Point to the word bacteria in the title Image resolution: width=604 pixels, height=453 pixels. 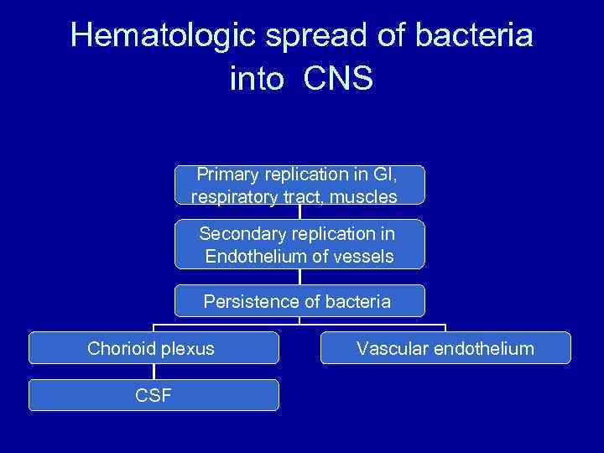point(471,36)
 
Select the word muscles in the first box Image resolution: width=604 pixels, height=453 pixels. point(364,197)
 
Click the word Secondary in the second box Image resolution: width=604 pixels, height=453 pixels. point(238,232)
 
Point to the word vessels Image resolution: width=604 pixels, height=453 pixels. point(362,257)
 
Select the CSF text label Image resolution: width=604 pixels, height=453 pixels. point(154,395)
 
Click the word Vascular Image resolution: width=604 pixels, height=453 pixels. point(392,348)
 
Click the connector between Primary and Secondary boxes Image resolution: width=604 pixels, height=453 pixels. point(299,211)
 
